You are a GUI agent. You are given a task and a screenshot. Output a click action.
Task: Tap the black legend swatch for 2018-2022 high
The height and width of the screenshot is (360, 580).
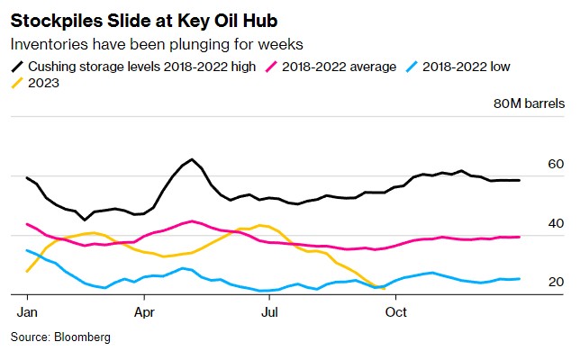pyautogui.click(x=17, y=66)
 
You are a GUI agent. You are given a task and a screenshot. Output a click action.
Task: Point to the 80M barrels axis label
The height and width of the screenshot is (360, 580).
pyautogui.click(x=529, y=103)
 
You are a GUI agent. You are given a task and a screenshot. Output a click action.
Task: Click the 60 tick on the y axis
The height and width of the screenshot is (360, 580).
pyautogui.click(x=556, y=165)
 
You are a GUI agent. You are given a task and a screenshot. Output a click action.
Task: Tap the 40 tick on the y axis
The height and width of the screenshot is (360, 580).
pyautogui.click(x=556, y=223)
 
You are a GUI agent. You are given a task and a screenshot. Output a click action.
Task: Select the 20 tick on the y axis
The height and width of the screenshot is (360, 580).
pyautogui.click(x=556, y=282)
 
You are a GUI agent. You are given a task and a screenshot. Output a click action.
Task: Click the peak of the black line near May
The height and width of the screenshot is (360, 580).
pyautogui.click(x=192, y=159)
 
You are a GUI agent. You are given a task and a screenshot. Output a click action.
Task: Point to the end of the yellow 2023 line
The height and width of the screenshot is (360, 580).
pyautogui.click(x=385, y=289)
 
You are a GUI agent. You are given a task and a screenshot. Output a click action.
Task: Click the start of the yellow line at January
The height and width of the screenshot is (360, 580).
pyautogui.click(x=27, y=271)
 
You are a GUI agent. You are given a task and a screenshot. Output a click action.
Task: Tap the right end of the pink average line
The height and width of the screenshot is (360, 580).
pyautogui.click(x=520, y=237)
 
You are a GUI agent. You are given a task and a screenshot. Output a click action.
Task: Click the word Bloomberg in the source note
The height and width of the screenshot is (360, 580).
pyautogui.click(x=82, y=337)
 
